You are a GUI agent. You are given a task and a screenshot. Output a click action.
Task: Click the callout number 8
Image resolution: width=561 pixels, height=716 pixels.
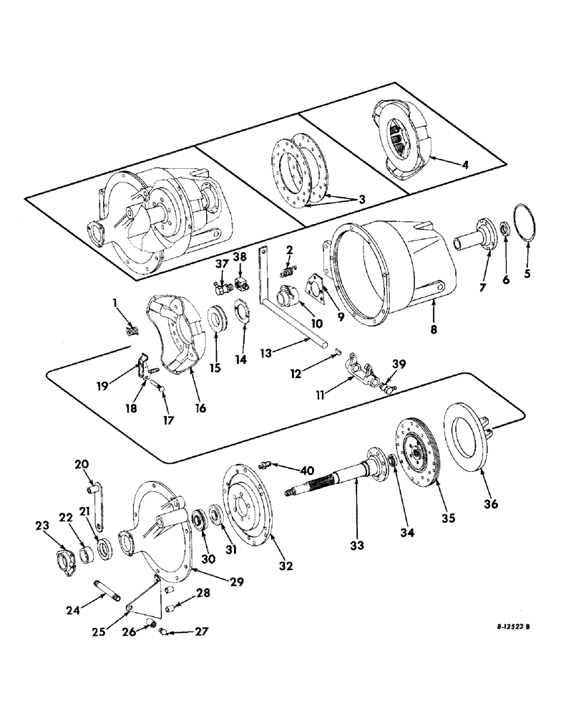(x=435, y=332)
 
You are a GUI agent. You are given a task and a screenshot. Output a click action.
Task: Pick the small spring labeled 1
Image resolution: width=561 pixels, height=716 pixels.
(x=131, y=330)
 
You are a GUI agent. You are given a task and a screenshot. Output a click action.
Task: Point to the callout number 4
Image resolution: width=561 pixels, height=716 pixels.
(x=465, y=164)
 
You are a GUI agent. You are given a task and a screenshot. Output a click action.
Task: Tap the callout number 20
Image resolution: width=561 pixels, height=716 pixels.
(x=79, y=463)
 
